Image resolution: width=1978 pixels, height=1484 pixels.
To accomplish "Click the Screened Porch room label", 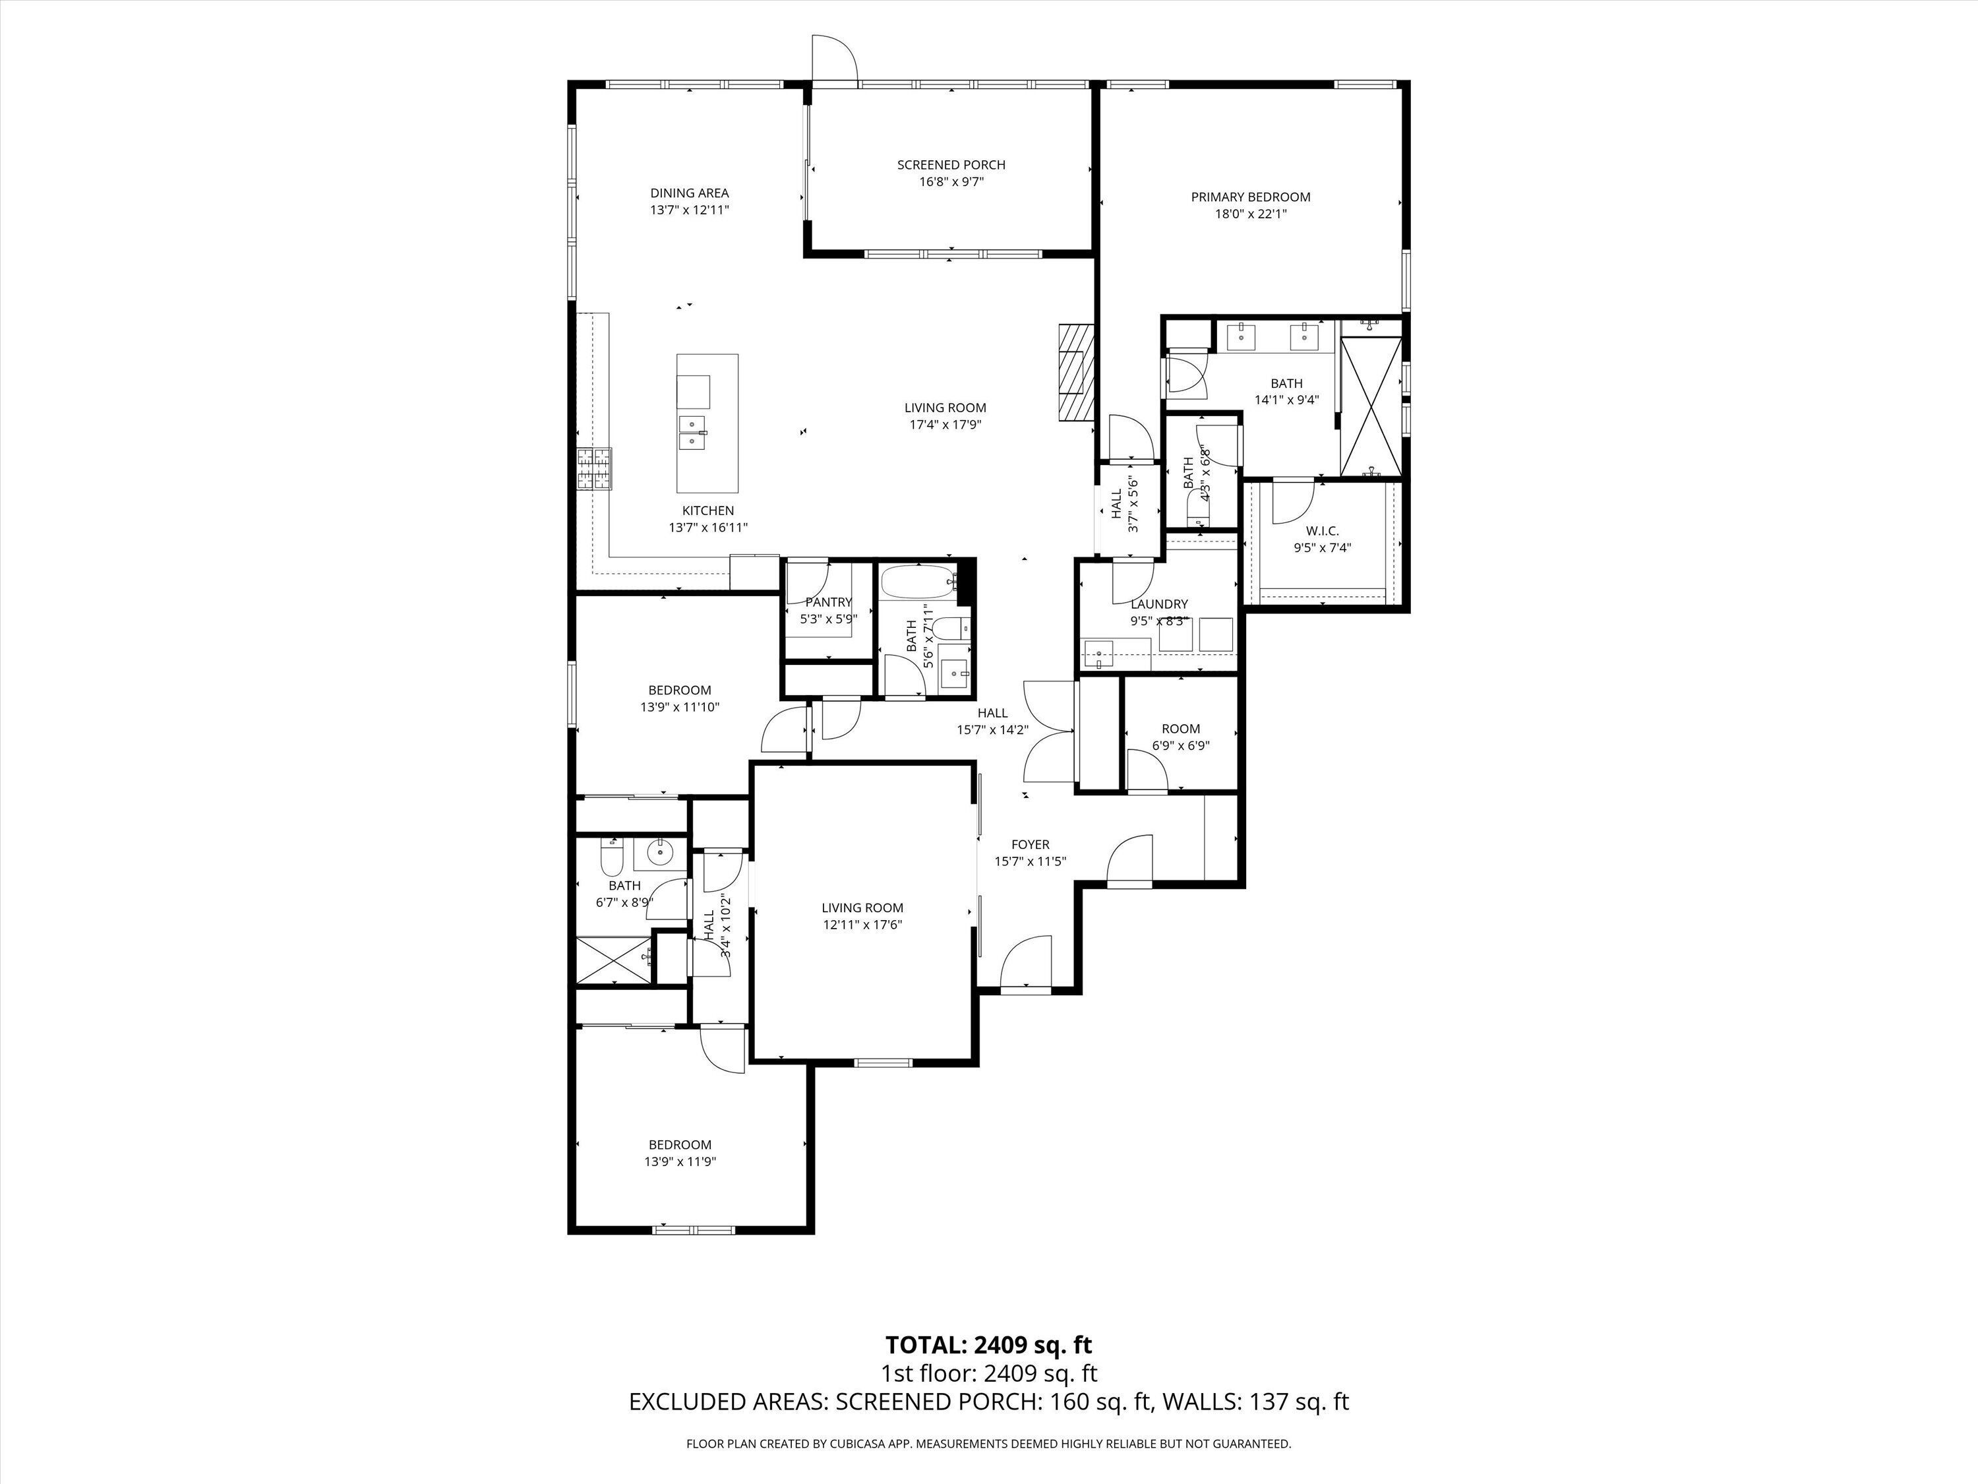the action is point(951,165).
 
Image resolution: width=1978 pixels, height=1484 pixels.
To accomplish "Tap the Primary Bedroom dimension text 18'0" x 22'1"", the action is point(1250,214).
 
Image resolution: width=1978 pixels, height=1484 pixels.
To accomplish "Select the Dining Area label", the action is point(690,193).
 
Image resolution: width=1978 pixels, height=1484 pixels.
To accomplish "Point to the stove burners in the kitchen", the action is point(595,469).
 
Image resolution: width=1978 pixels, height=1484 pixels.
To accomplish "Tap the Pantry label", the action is point(828,602).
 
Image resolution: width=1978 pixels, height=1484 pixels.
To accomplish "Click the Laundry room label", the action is point(1159,603).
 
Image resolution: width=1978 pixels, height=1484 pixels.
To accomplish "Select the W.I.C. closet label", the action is point(1323,530).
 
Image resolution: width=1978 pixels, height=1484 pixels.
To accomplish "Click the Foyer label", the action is point(1030,844).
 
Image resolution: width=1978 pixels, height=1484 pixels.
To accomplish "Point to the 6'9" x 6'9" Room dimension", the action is point(1180,745).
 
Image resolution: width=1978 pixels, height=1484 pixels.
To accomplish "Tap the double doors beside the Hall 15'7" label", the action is point(1049,731).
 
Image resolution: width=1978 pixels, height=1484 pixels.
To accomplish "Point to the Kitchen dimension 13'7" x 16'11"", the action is point(708,528).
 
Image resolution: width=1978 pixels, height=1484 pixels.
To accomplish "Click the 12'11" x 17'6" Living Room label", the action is point(863,925).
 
